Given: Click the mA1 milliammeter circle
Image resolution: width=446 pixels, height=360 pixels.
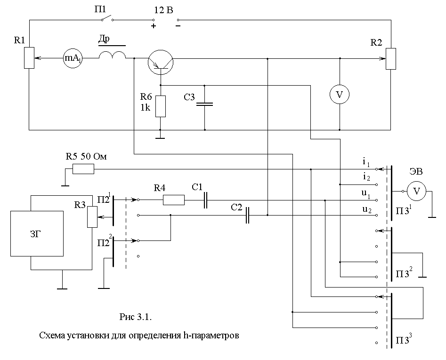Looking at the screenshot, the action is (x=73, y=58).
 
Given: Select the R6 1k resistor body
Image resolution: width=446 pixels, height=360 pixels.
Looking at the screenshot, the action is (x=161, y=106).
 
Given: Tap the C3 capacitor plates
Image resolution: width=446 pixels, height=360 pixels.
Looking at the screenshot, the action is (x=204, y=104).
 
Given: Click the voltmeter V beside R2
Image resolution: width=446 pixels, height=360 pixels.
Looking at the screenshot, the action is (x=340, y=94).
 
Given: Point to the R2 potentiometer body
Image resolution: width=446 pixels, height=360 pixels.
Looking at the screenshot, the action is (x=391, y=59).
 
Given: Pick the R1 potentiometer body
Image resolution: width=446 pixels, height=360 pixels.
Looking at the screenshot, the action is (x=29, y=58).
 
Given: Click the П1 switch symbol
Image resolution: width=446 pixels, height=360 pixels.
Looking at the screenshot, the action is (x=107, y=19).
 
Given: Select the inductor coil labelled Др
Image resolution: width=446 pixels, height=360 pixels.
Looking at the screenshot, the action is (x=113, y=55).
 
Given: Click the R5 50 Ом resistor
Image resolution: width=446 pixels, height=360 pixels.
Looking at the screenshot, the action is (x=83, y=169).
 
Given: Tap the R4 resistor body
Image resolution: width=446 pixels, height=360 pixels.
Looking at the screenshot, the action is (x=173, y=200).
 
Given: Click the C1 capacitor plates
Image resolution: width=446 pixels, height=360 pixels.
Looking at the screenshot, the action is (x=205, y=200).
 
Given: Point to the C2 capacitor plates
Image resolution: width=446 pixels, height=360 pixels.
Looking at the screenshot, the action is (x=247, y=215).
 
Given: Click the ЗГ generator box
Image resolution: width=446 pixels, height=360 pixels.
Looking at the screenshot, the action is (x=37, y=233).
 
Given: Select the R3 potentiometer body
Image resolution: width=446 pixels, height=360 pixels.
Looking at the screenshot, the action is (x=92, y=217).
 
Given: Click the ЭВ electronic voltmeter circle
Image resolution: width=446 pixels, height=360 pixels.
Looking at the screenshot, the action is (x=416, y=191).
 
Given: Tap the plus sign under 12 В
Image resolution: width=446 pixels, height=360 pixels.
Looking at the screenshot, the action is (x=154, y=26).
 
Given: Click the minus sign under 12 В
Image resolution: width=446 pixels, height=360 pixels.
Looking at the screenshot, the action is (x=178, y=26).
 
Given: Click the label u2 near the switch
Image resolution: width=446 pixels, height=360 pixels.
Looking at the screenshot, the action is (x=366, y=210).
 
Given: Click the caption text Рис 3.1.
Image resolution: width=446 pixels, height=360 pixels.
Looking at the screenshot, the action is (x=136, y=317).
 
